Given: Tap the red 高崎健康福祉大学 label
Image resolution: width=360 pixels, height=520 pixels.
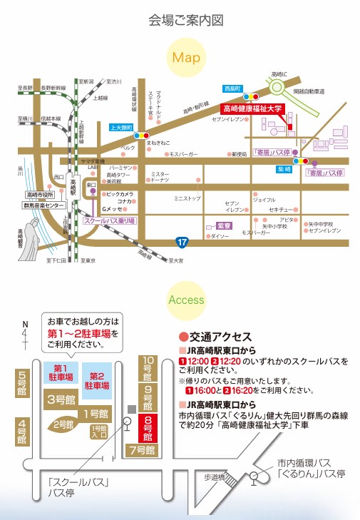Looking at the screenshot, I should pos(252,109).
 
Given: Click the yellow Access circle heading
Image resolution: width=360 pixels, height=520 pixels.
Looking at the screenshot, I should pos(186,300).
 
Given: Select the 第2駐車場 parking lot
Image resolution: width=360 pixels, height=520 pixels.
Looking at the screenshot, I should pos(98,379).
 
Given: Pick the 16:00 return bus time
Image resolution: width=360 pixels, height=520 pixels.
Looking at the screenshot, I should pos(205,390).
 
